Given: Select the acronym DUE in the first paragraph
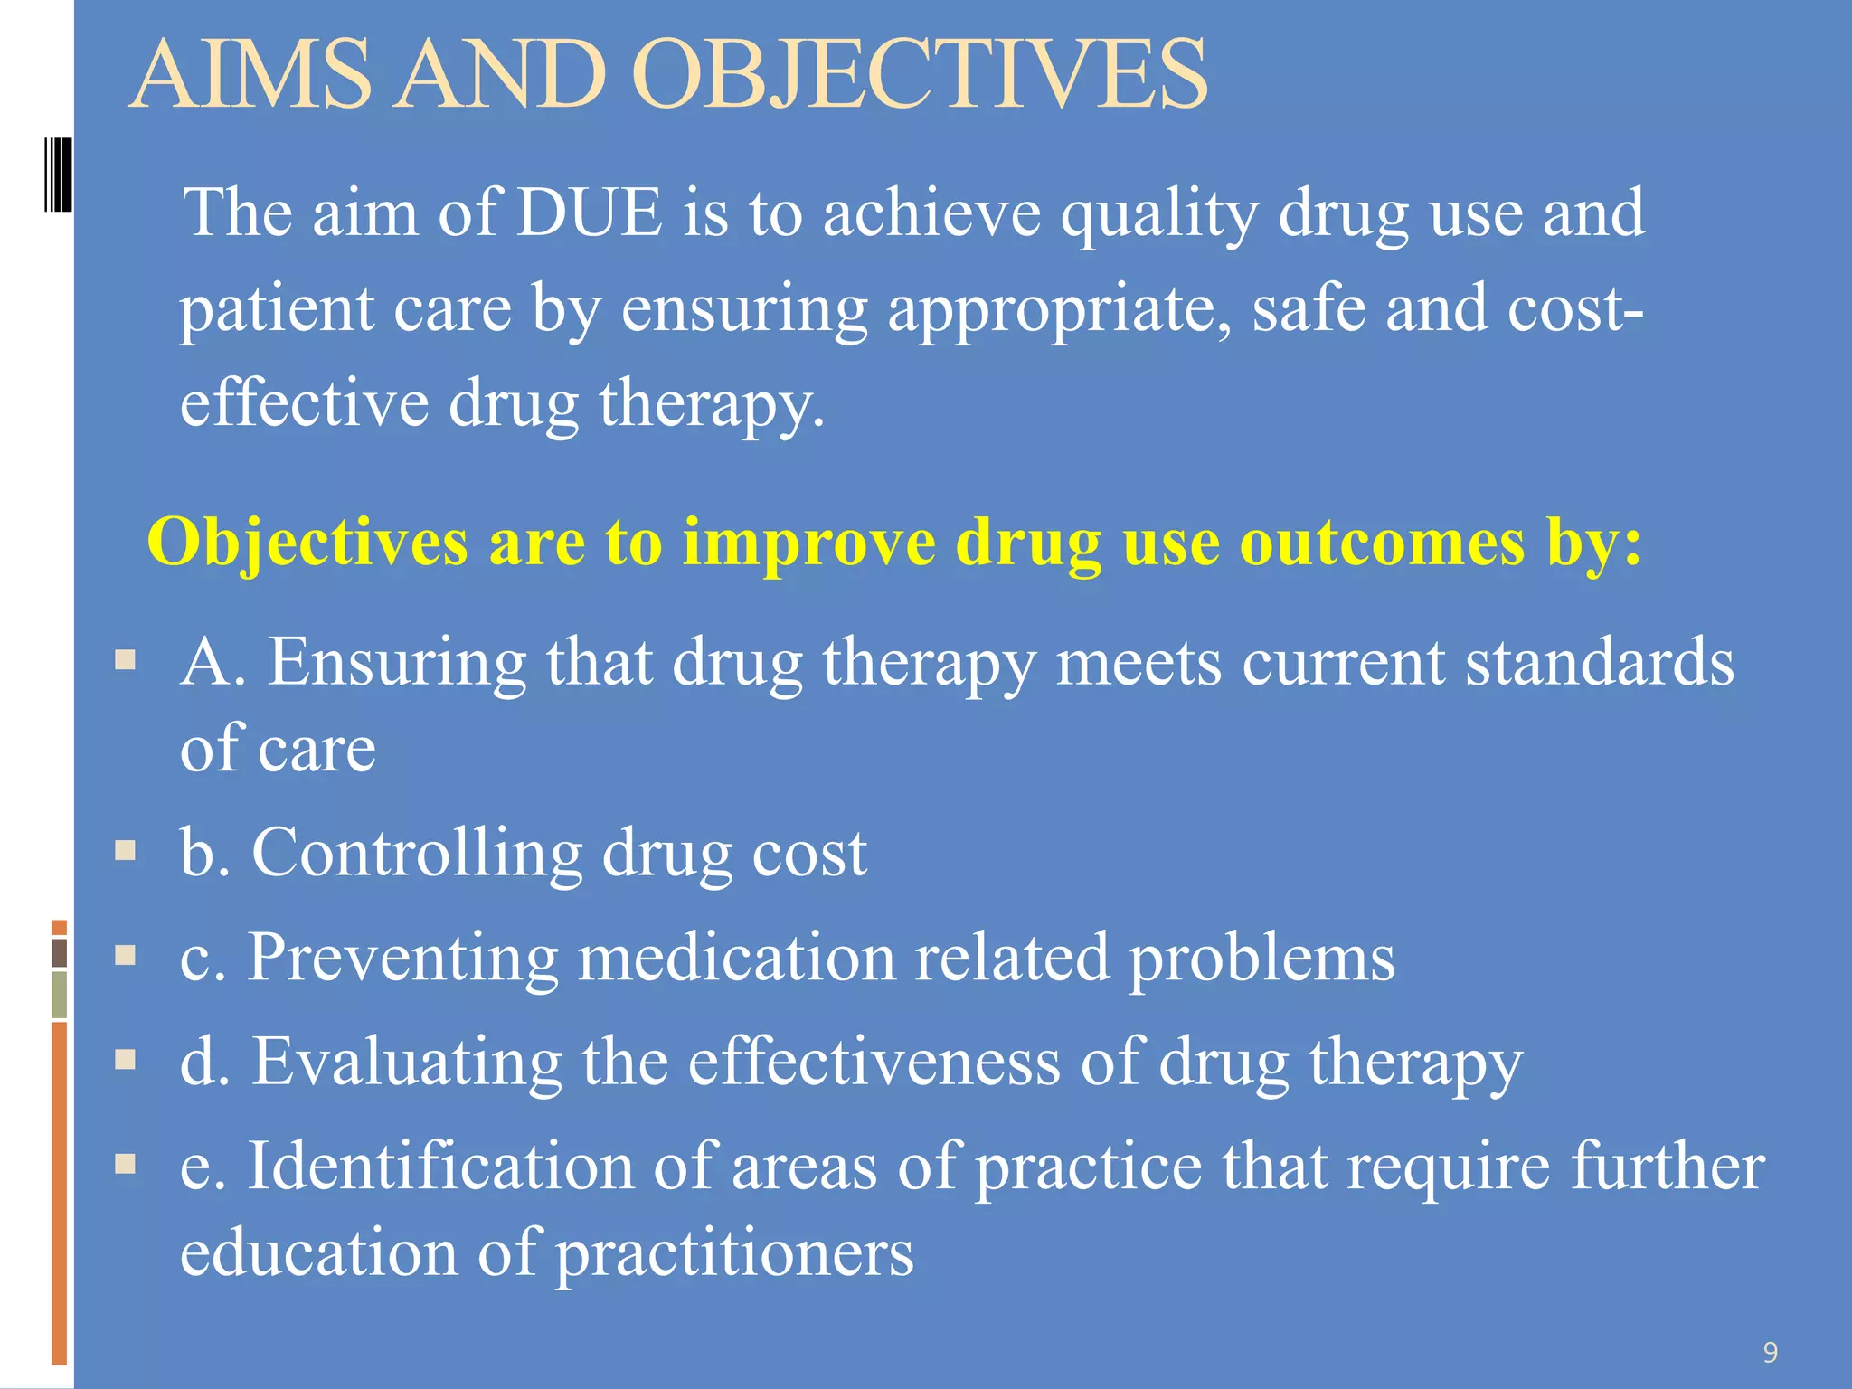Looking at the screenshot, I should [x=589, y=213].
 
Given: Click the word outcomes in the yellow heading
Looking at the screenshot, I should [x=1382, y=543].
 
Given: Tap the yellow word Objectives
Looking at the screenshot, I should [x=307, y=544].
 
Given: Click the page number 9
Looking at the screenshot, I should [x=1770, y=1353].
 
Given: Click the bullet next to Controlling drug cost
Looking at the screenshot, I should [x=126, y=850].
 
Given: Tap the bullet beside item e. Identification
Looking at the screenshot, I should [x=126, y=1163].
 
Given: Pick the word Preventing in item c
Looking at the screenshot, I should [x=403, y=958].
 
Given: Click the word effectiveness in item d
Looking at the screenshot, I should [x=874, y=1062].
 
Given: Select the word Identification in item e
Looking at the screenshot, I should [x=440, y=1167].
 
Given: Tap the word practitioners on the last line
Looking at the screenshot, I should [x=733, y=1253].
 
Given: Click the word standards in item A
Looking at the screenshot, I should [x=1599, y=663].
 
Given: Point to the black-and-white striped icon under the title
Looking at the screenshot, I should [x=58, y=175].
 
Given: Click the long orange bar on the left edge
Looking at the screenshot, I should [x=60, y=1192].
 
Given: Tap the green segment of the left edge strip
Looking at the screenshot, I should [x=60, y=995].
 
